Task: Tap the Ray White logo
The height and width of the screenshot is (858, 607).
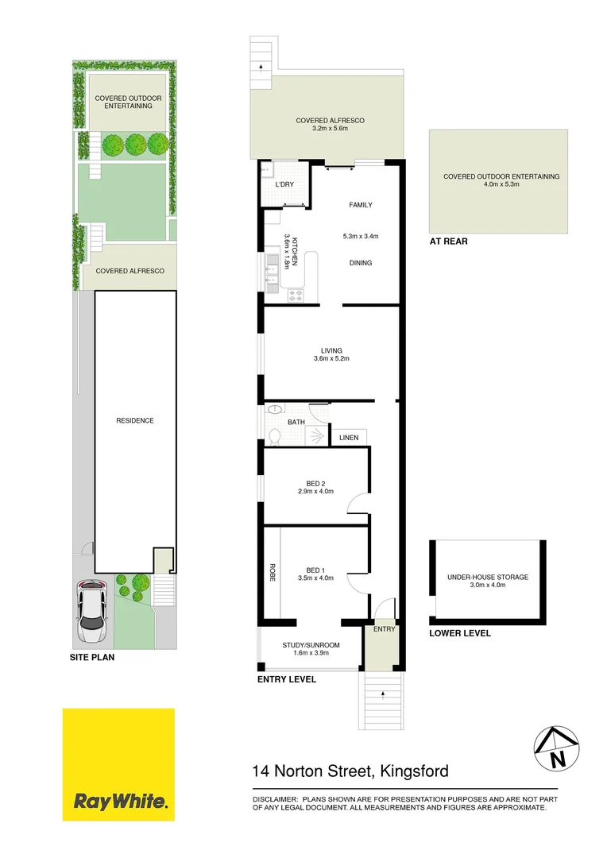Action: pos(118,764)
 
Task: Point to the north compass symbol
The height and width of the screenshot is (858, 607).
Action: pos(557,749)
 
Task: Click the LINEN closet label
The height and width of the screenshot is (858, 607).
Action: pos(349,438)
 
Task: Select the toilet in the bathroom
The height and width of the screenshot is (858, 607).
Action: pos(274,436)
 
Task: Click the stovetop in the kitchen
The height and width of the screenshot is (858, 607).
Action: pos(296,296)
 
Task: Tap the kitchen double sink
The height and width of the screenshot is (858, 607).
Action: pos(273,270)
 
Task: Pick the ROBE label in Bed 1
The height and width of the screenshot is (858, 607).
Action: pos(272,572)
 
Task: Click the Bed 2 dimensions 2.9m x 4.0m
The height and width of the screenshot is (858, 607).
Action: pos(316,492)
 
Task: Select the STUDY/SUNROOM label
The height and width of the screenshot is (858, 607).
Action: pos(311,645)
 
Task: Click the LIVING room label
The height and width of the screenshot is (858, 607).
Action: pos(331,351)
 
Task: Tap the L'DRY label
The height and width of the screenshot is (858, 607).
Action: pos(284,184)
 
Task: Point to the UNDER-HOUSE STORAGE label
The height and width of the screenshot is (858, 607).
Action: pos(488,577)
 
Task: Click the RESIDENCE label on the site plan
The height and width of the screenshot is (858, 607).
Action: pos(134,420)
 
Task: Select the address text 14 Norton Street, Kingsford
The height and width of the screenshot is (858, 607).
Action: pos(350,771)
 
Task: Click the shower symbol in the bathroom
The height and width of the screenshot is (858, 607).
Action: pos(316,436)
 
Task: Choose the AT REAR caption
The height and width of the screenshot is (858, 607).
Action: pos(448,242)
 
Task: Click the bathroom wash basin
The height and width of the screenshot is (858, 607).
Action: pos(274,409)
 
